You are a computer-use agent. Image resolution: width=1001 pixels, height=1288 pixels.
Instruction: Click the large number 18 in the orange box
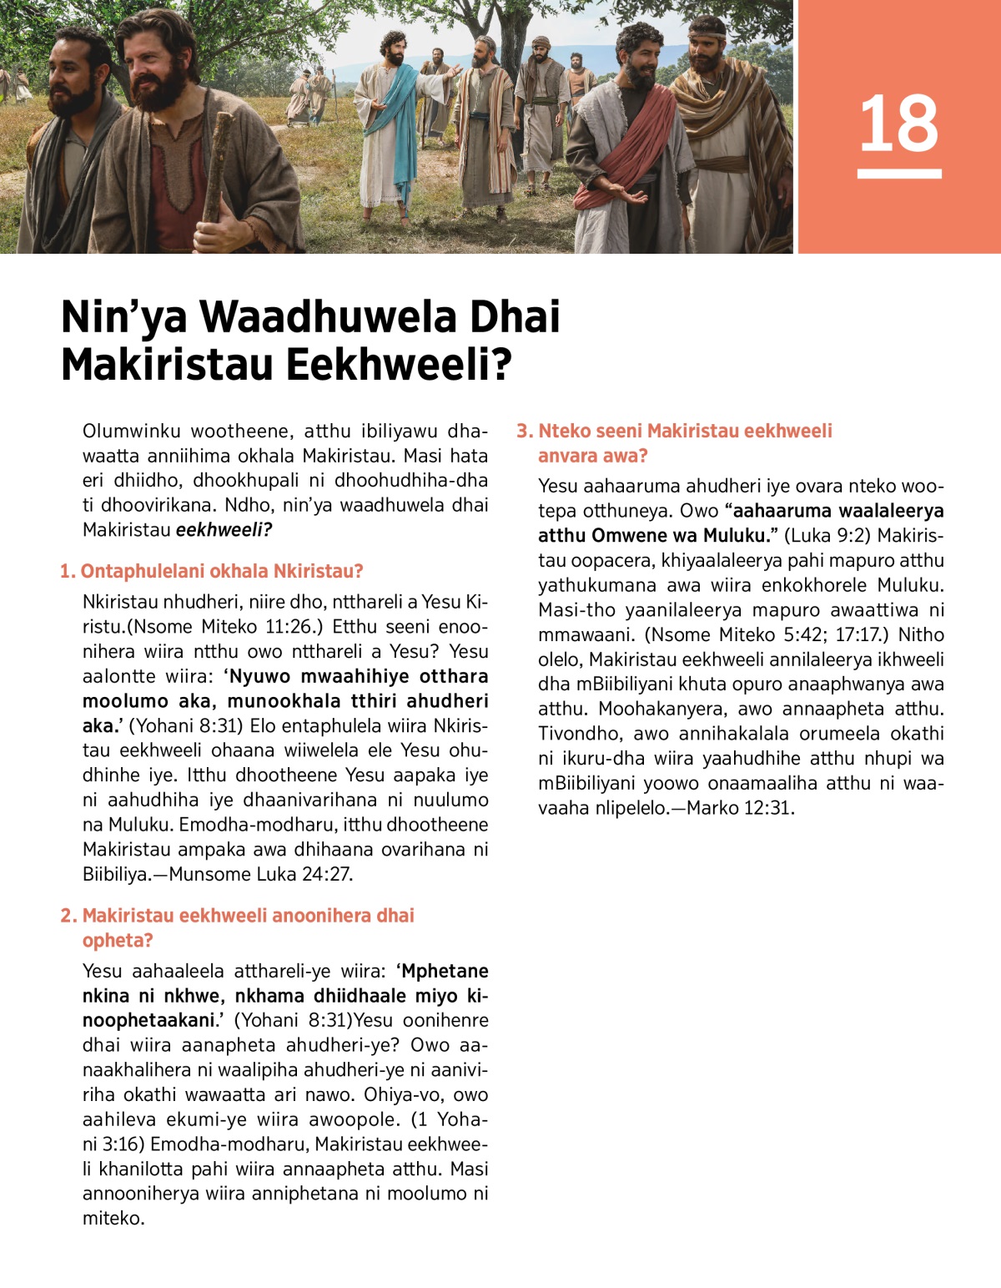[898, 124]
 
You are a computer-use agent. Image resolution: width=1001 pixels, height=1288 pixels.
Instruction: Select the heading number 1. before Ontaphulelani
[68, 572]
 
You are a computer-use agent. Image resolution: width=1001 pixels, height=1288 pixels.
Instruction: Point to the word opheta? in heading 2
[118, 941]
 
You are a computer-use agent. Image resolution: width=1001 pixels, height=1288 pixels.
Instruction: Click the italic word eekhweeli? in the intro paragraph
[224, 530]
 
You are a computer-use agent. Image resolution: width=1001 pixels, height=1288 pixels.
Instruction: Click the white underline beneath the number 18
[898, 174]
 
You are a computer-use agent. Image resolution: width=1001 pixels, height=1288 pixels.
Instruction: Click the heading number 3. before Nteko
[524, 432]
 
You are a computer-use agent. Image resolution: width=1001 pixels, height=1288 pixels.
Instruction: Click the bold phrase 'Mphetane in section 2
[442, 972]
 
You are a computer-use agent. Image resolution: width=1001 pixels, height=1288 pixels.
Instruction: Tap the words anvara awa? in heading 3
[592, 457]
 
